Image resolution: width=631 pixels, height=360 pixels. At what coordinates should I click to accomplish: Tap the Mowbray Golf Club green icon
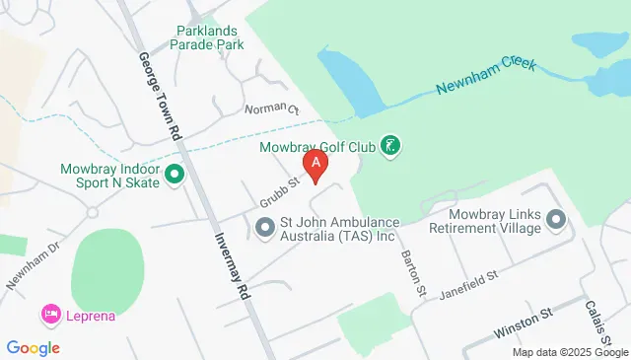pyautogui.click(x=390, y=148)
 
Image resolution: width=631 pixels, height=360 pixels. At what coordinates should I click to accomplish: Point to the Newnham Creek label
pyautogui.click(x=487, y=77)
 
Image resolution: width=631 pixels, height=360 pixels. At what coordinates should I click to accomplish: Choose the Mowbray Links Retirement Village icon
pyautogui.click(x=555, y=221)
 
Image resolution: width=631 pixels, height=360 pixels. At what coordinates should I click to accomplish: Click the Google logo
pyautogui.click(x=34, y=347)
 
